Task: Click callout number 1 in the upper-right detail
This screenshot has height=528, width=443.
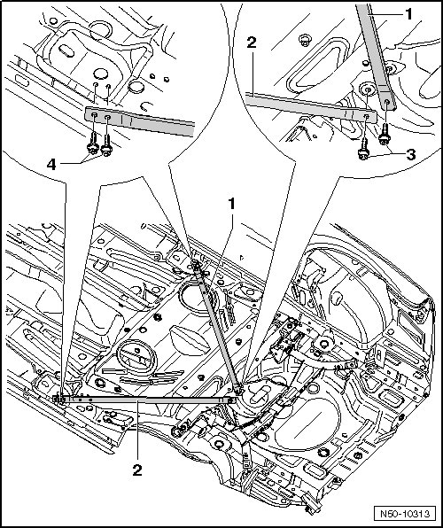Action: coord(408,14)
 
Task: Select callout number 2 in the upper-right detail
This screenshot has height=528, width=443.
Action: coord(252,43)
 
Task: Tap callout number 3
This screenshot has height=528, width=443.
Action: coord(410,154)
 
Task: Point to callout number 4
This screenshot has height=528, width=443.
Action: coord(51,165)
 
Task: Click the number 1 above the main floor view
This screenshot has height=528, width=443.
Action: coord(232,205)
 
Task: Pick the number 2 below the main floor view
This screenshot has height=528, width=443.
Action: coord(137,470)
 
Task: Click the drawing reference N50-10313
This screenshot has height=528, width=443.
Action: coord(405,514)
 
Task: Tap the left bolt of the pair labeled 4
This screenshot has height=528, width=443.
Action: coord(93,144)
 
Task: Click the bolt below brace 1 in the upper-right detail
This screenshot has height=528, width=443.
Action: coord(385,135)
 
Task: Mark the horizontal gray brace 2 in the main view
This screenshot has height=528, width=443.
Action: coord(145,400)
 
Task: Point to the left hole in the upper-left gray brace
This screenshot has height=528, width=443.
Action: coord(95,116)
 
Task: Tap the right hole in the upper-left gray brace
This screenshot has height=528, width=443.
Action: coord(108,118)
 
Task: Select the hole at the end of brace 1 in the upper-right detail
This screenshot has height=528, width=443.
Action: coord(387,101)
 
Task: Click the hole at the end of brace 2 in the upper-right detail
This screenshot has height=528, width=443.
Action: coord(367,116)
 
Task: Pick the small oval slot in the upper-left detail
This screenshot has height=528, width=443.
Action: coord(66,51)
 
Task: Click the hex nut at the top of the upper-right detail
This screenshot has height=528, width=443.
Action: coord(305,40)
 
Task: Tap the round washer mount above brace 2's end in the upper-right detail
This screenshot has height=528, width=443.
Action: coord(367,90)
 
